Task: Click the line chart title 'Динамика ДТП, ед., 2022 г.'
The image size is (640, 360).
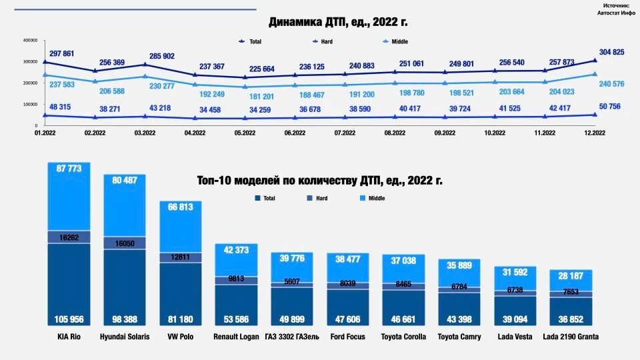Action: coord(338,22)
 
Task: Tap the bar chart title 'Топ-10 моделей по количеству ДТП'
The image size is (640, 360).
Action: coord(320,180)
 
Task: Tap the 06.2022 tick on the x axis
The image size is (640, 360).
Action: coord(295,133)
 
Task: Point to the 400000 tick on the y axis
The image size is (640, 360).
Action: coord(30,40)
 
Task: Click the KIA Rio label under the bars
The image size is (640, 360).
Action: coord(68,337)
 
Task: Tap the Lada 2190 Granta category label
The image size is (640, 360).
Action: coord(571,337)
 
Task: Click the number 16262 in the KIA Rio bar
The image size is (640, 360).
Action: coord(68,237)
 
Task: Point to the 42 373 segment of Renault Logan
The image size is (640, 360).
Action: coord(236,250)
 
